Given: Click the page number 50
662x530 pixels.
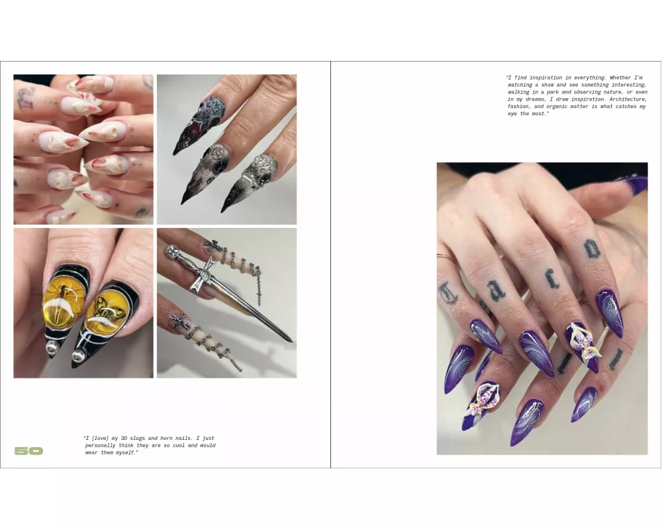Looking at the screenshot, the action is click(28, 451).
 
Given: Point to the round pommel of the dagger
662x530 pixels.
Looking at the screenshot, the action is click(172, 252).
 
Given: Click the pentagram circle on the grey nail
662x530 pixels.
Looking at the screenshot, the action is click(218, 152).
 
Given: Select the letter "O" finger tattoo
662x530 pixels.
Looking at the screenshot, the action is click(591, 249).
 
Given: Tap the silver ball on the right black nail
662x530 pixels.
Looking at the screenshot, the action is click(79, 356).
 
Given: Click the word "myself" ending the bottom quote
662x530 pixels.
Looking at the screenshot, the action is click(125, 452).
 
